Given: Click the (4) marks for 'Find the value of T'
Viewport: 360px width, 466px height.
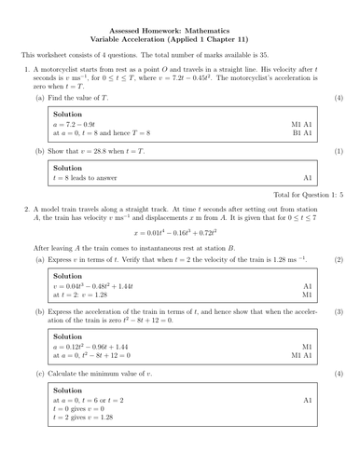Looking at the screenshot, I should coord(339,97).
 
